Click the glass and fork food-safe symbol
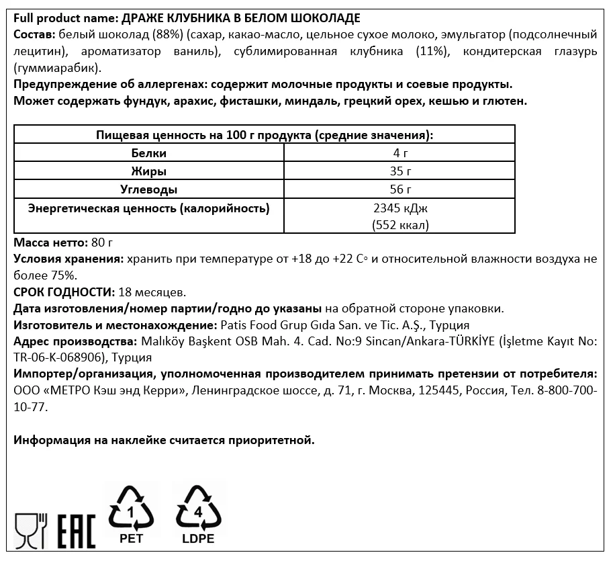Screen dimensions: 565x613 point(29,529)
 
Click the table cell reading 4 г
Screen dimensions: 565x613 point(400,153)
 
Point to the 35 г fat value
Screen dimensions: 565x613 point(400,171)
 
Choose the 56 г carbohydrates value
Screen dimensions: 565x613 point(400,189)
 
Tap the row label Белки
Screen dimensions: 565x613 point(148,153)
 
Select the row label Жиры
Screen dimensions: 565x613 point(148,171)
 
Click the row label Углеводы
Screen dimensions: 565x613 point(148,189)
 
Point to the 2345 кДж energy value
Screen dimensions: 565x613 point(400,208)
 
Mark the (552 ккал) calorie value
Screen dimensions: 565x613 point(400,225)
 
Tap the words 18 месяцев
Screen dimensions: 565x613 point(151,292)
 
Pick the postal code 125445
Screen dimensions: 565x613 point(429,390)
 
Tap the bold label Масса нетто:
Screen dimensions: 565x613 point(49,242)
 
